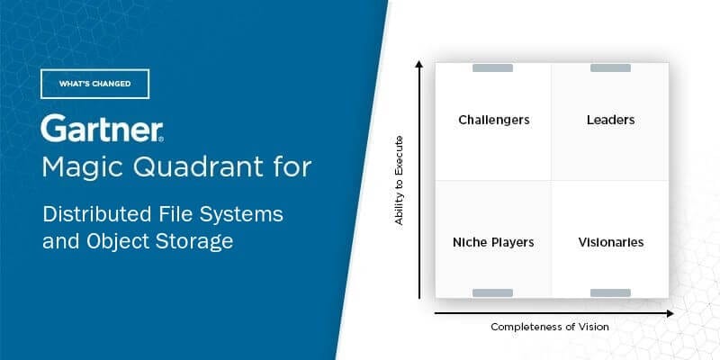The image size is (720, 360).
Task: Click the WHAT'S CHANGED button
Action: [x=94, y=84]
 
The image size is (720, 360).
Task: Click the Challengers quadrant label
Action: [x=493, y=120]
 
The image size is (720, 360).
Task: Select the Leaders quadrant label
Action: [x=610, y=120]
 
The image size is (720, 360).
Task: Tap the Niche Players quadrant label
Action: [x=493, y=242]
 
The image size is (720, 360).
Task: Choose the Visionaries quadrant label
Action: [x=610, y=242]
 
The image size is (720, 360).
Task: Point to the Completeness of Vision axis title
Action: [x=549, y=327]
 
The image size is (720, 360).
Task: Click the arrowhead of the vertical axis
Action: [x=419, y=64]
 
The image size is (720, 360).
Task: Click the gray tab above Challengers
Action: [x=492, y=68]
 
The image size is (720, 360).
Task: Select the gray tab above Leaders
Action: [x=610, y=68]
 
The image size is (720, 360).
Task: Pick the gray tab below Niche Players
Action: [x=492, y=292]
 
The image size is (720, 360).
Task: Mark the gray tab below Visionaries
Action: [x=610, y=292]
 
